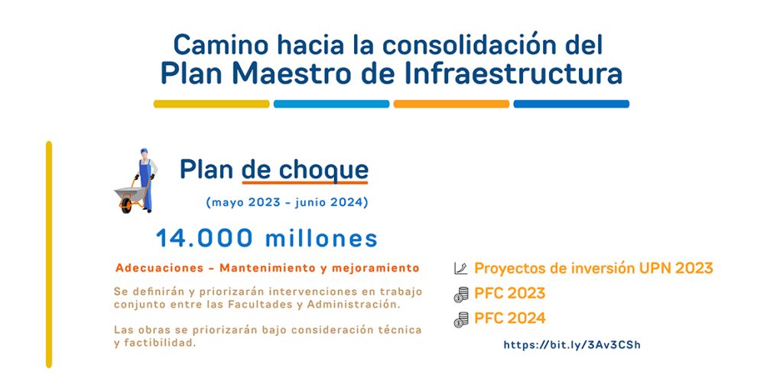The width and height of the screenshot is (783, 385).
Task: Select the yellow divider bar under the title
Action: tap(211, 104)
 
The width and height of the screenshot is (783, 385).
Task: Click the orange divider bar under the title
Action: tap(451, 104)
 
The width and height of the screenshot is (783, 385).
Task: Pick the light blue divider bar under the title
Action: tap(332, 104)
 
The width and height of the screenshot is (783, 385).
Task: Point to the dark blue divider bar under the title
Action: tap(571, 104)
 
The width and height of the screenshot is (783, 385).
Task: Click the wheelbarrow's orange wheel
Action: tap(126, 205)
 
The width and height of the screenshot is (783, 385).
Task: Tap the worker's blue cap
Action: tap(144, 151)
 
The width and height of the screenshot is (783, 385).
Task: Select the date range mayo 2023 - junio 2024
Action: tap(288, 203)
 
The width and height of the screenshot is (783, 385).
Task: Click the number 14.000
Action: tap(204, 238)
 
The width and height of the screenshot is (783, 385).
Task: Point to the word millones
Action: tap(321, 238)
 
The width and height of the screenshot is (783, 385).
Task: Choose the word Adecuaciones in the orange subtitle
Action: tap(159, 268)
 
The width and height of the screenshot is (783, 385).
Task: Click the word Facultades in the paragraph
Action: tap(261, 305)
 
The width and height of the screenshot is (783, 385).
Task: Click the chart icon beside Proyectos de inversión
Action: tap(460, 269)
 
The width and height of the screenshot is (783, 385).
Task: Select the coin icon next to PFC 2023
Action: tap(461, 294)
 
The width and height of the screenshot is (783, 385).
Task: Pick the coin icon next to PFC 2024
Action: tap(461, 319)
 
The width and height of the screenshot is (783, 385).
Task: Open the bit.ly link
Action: tap(572, 345)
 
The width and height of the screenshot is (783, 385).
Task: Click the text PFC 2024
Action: tap(510, 318)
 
